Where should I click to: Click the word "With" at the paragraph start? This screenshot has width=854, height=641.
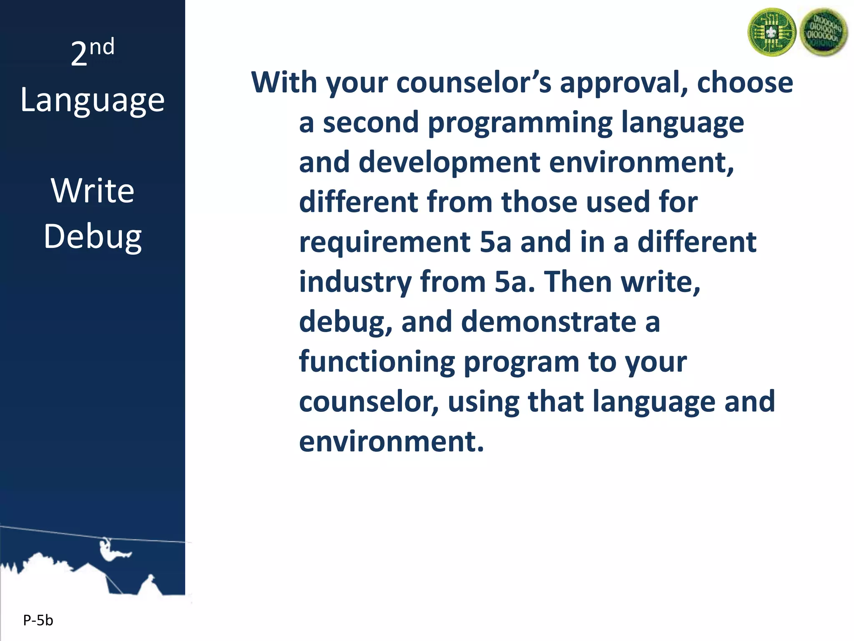tap(284, 82)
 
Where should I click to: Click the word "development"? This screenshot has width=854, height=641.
tap(449, 162)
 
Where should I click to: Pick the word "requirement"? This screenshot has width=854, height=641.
tap(385, 242)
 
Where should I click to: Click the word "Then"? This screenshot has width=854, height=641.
tap(578, 282)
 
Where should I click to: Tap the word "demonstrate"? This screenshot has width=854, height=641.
tap(549, 322)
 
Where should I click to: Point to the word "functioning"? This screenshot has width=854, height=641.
tap(377, 361)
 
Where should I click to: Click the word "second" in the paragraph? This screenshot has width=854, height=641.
tap(371, 122)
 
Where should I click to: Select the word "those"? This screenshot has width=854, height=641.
tap(539, 202)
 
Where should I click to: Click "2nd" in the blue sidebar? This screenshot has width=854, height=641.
tap(92, 53)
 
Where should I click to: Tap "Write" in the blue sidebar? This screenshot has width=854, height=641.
tap(93, 191)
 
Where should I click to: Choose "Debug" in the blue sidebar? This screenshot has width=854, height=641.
tap(93, 237)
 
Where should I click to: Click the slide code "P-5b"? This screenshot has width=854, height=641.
tap(38, 621)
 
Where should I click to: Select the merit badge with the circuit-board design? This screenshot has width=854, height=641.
tap(771, 32)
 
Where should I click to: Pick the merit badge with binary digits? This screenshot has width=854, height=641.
tap(823, 32)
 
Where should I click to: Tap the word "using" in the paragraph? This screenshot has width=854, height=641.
tap(483, 401)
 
